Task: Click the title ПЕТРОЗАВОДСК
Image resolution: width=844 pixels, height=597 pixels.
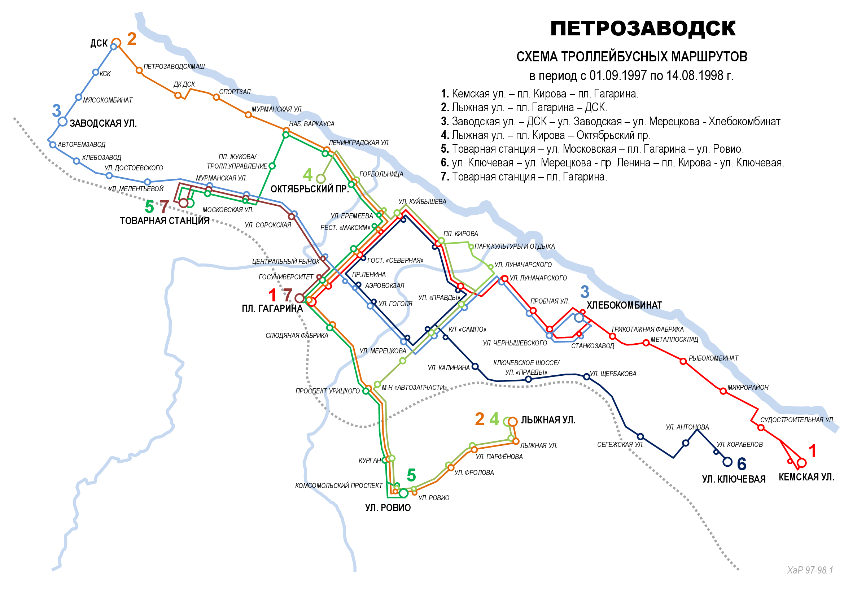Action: point(643,29)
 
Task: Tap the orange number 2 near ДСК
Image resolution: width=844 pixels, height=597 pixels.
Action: point(132,39)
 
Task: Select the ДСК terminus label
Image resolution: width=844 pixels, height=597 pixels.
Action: point(99,43)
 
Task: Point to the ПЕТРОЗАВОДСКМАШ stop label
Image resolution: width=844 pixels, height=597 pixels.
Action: point(174,66)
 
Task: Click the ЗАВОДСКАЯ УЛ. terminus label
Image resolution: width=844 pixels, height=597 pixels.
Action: point(103,123)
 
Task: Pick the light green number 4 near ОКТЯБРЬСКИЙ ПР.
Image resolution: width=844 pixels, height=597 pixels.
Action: point(308,175)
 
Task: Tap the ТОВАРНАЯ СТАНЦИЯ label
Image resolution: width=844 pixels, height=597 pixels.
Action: point(164,221)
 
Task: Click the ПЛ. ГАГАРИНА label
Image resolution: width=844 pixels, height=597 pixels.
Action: point(272,308)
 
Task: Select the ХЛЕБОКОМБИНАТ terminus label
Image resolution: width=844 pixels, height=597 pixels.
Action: point(624,305)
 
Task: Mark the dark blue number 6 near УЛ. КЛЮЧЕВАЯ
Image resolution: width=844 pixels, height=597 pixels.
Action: point(742,464)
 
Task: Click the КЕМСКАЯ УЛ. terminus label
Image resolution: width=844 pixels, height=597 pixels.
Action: point(806,477)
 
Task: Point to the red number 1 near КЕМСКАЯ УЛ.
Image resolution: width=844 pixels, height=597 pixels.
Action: point(813,451)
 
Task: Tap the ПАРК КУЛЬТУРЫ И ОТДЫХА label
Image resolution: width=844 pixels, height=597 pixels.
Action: point(514,246)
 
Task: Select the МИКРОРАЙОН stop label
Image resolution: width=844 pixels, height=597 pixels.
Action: point(748,387)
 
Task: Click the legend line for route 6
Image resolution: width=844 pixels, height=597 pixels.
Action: point(612,162)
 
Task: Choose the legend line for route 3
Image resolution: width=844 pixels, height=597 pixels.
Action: point(610,121)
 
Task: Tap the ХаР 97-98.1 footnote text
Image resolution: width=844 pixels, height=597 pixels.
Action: point(809,570)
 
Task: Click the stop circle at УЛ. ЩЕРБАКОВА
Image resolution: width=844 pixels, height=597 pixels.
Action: point(587,377)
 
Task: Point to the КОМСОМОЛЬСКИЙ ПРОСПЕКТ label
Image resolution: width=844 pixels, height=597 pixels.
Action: point(338,485)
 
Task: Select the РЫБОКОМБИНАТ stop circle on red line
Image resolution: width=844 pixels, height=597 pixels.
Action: point(683,361)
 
